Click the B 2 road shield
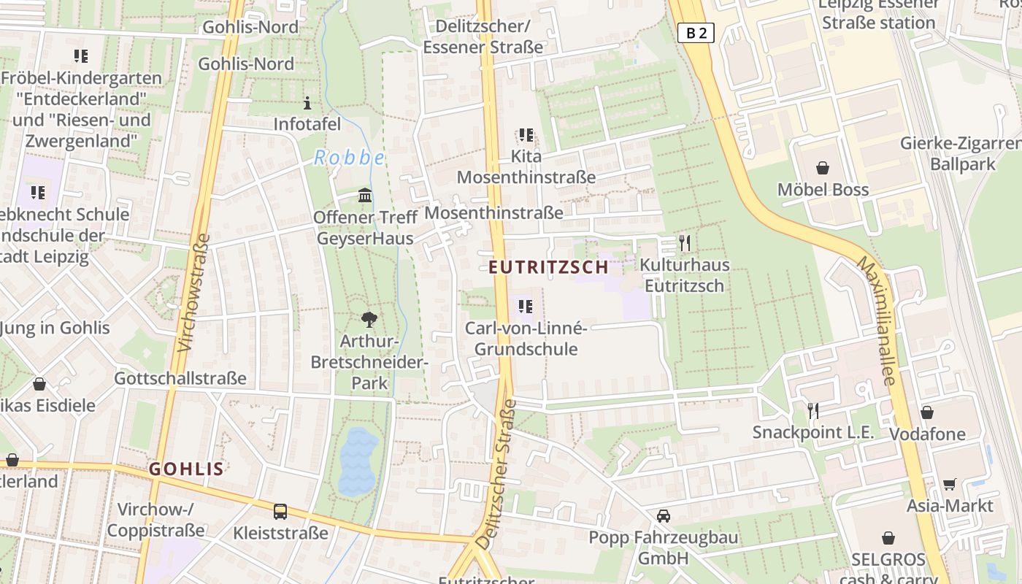tap(696, 32)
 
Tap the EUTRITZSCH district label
tap(548, 267)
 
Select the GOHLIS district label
tap(186, 469)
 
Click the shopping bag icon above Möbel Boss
tap(823, 168)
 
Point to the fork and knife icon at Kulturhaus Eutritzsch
tap(684, 242)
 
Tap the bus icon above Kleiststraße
tap(280, 511)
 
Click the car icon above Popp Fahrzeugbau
tap(663, 516)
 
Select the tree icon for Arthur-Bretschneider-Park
tap(369, 318)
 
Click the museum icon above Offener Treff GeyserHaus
tap(365, 196)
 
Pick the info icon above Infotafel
tap(307, 103)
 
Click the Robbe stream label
tap(349, 158)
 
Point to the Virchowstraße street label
tap(193, 292)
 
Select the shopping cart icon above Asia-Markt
tap(950, 484)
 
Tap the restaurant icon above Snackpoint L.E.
tap(812, 410)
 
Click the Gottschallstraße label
tap(180, 379)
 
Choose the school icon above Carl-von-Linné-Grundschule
tap(526, 307)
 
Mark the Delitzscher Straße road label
tap(496, 474)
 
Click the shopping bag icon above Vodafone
tap(927, 412)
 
